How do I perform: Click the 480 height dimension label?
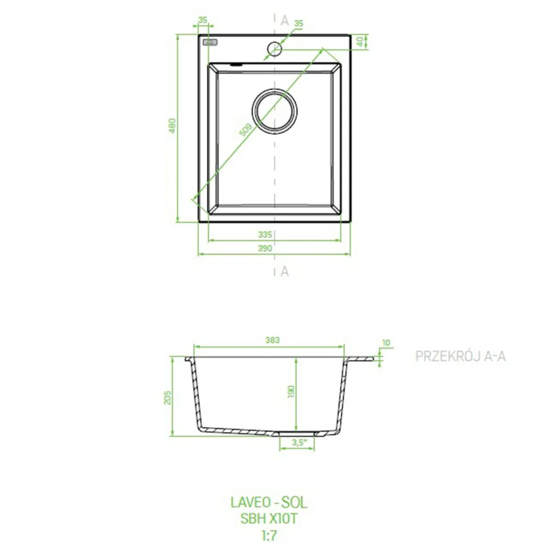(x=172, y=126)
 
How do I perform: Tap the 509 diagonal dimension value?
(x=246, y=130)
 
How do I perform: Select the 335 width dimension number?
(x=265, y=234)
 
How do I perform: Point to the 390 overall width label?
(x=265, y=248)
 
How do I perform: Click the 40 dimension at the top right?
(x=360, y=42)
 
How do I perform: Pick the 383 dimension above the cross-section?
(x=272, y=340)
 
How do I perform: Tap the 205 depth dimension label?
(x=168, y=397)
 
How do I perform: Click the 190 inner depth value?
(x=291, y=392)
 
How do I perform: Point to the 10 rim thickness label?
(x=386, y=343)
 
